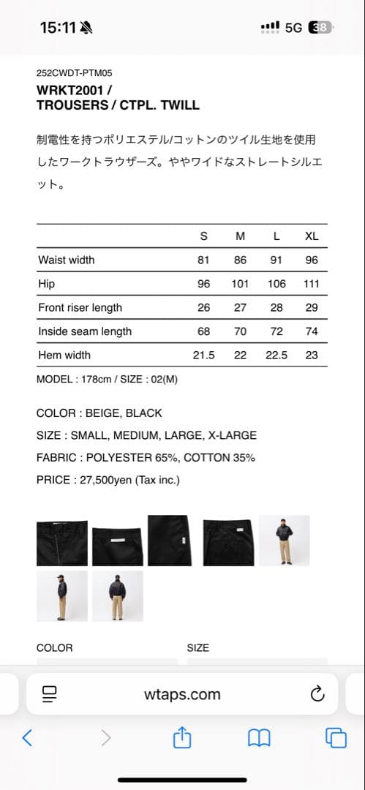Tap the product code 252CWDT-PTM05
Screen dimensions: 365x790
[74, 73]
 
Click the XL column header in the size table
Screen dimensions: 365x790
[312, 236]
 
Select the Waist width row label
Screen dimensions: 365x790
[67, 260]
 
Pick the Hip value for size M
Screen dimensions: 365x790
[240, 284]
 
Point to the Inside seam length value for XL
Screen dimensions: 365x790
[312, 331]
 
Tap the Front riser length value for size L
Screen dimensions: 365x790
[276, 307]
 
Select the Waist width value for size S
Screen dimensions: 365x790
[203, 260]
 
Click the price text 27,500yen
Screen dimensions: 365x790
[115, 480]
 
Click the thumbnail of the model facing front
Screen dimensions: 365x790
[284, 540]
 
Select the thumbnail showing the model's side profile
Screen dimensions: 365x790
[62, 596]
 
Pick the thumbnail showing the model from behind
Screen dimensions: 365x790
[118, 596]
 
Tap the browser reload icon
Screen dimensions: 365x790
[317, 694]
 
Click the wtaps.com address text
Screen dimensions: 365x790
[182, 694]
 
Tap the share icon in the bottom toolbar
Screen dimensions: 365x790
[182, 738]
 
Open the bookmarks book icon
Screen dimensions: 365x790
[259, 738]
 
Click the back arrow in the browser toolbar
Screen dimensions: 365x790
[27, 738]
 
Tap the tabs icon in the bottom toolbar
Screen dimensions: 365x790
[336, 738]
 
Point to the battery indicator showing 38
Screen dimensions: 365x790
[321, 28]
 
